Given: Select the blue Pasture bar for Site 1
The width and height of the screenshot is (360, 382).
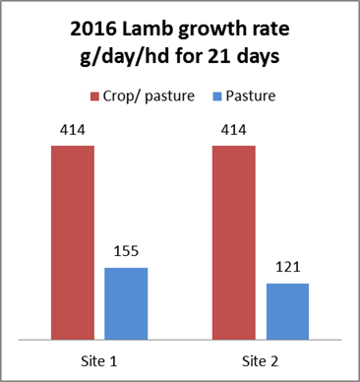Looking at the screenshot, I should [x=126, y=304].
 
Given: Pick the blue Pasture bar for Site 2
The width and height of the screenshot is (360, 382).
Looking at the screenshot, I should [x=288, y=312].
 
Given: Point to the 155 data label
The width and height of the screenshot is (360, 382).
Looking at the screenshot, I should [x=126, y=253].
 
